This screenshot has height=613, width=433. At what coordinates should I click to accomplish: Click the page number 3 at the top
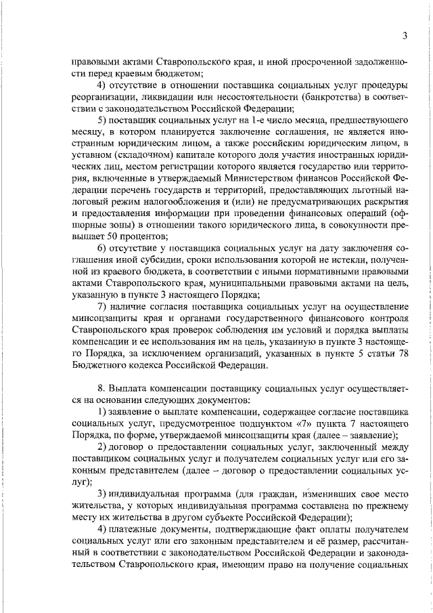[x=404, y=36]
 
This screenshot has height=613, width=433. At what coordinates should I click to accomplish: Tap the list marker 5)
[x=104, y=119]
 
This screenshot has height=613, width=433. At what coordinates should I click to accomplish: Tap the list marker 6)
[x=104, y=249]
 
